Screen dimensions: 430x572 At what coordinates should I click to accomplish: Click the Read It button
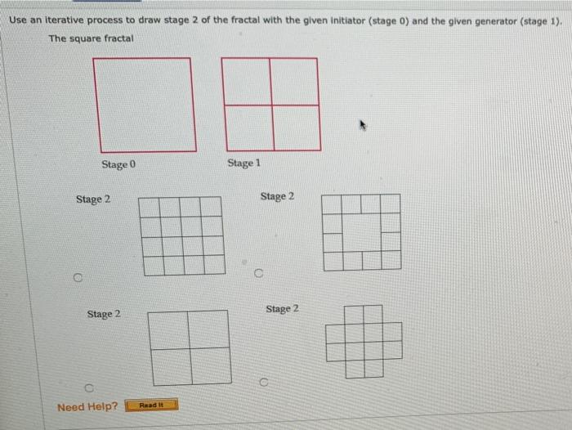pos(151,405)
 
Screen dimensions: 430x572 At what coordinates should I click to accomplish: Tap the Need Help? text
pos(87,406)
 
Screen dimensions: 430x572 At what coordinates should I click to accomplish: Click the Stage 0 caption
pos(119,164)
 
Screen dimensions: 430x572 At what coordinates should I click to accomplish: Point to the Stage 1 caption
pos(244,163)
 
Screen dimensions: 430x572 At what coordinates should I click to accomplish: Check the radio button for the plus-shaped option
pos(263,381)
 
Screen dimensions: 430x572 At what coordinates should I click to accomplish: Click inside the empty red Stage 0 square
pos(145,104)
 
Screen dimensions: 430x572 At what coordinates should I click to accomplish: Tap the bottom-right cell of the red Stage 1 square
pos(295,128)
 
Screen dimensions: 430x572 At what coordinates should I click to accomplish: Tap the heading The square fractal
pos(92,38)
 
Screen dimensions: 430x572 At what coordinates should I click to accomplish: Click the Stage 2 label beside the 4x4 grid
pos(93,199)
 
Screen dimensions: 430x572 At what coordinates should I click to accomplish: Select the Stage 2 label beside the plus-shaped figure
pos(282,309)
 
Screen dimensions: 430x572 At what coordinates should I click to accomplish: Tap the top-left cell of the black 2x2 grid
pos(169,329)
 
